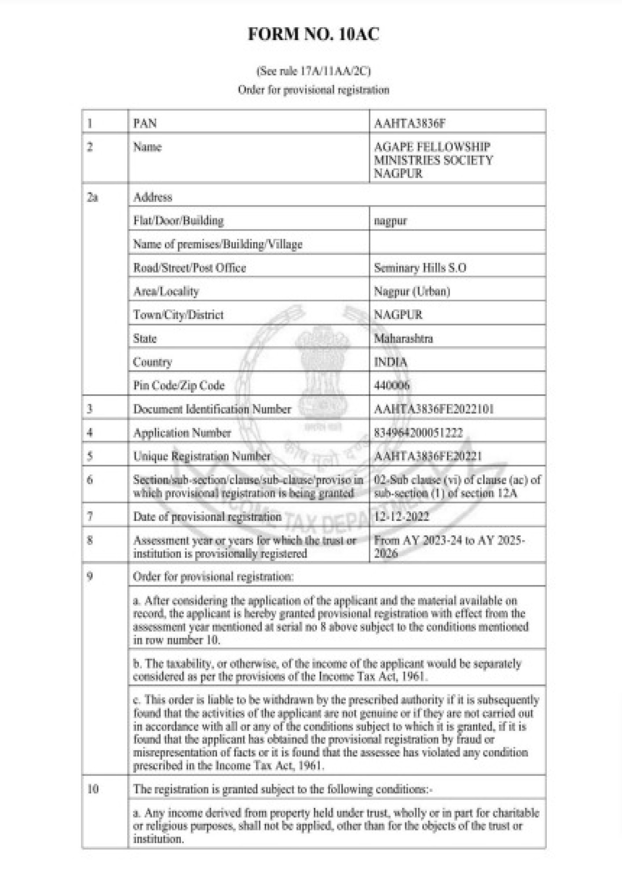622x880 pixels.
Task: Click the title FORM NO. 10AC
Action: pyautogui.click(x=313, y=34)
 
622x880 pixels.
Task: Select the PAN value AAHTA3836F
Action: pyautogui.click(x=410, y=123)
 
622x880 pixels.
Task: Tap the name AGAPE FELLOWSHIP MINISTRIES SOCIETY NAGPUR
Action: pyautogui.click(x=433, y=160)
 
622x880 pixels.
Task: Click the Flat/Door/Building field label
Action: pyautogui.click(x=178, y=220)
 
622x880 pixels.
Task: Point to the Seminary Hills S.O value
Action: pyautogui.click(x=420, y=268)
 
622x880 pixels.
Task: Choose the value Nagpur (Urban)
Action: pyautogui.click(x=412, y=291)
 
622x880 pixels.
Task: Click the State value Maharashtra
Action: pyautogui.click(x=403, y=338)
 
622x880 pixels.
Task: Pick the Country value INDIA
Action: pyautogui.click(x=391, y=362)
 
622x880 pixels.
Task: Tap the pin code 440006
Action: pyautogui.click(x=391, y=385)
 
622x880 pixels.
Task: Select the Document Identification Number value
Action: pyautogui.click(x=434, y=409)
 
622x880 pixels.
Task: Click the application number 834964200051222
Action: pyautogui.click(x=418, y=433)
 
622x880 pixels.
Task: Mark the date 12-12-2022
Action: pyautogui.click(x=401, y=516)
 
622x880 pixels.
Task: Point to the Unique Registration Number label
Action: pyautogui.click(x=202, y=456)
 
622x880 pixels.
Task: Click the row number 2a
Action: pyautogui.click(x=92, y=197)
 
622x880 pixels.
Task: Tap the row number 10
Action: pyautogui.click(x=92, y=789)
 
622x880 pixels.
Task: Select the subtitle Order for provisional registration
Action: pyautogui.click(x=313, y=90)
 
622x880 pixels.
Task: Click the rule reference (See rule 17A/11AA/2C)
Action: pyautogui.click(x=313, y=71)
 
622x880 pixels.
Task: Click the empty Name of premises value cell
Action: pyautogui.click(x=457, y=244)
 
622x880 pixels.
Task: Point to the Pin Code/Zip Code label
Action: pyautogui.click(x=179, y=385)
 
